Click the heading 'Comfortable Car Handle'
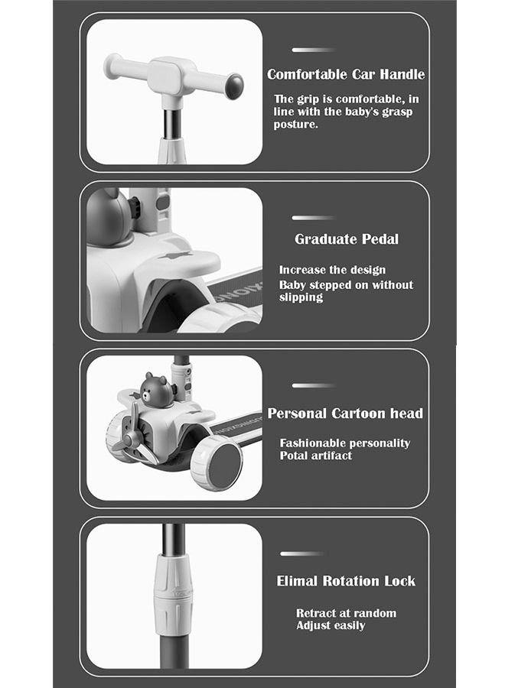coord(345,74)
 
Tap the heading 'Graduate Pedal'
coord(347,239)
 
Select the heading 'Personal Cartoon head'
coord(345,414)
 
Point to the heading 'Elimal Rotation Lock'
coord(346,581)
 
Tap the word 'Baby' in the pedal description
coord(292,285)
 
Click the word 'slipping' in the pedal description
coord(301,297)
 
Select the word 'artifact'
coord(332,456)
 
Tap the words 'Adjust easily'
coord(331,625)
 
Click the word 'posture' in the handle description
coord(295,124)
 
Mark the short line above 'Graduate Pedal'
coord(314,218)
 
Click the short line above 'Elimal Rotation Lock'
coord(302,553)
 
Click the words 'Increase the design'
coord(332,270)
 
